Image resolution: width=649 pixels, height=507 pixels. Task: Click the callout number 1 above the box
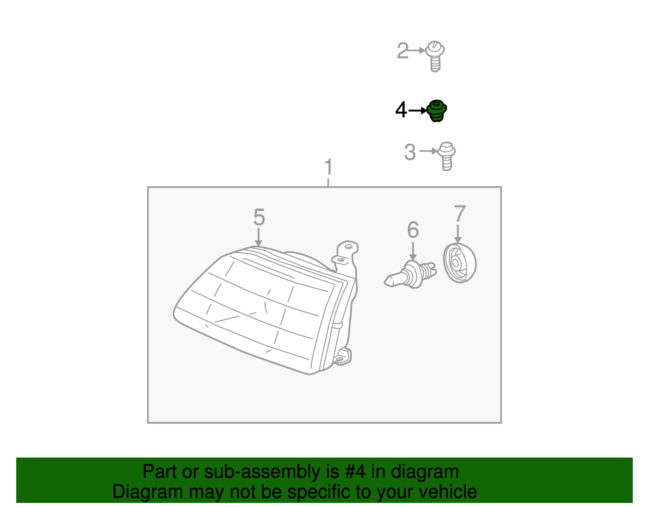(x=328, y=167)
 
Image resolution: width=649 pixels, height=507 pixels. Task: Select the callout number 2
(x=403, y=50)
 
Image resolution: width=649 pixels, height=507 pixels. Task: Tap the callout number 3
(x=410, y=152)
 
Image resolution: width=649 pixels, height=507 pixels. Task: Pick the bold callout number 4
(x=401, y=110)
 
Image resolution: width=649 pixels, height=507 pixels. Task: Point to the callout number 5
(x=259, y=217)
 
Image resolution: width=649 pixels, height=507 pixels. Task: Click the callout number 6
(x=413, y=230)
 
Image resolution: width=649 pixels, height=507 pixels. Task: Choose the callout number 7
(x=460, y=214)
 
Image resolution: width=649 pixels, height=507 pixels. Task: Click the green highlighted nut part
(x=436, y=111)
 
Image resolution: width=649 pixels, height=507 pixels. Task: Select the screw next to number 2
(x=435, y=56)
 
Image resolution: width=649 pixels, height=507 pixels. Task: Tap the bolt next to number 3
(x=447, y=156)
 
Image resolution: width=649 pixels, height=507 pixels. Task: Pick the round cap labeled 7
(x=460, y=263)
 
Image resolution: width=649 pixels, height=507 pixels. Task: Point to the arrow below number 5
(x=259, y=237)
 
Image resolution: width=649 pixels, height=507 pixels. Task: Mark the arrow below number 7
(x=458, y=234)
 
